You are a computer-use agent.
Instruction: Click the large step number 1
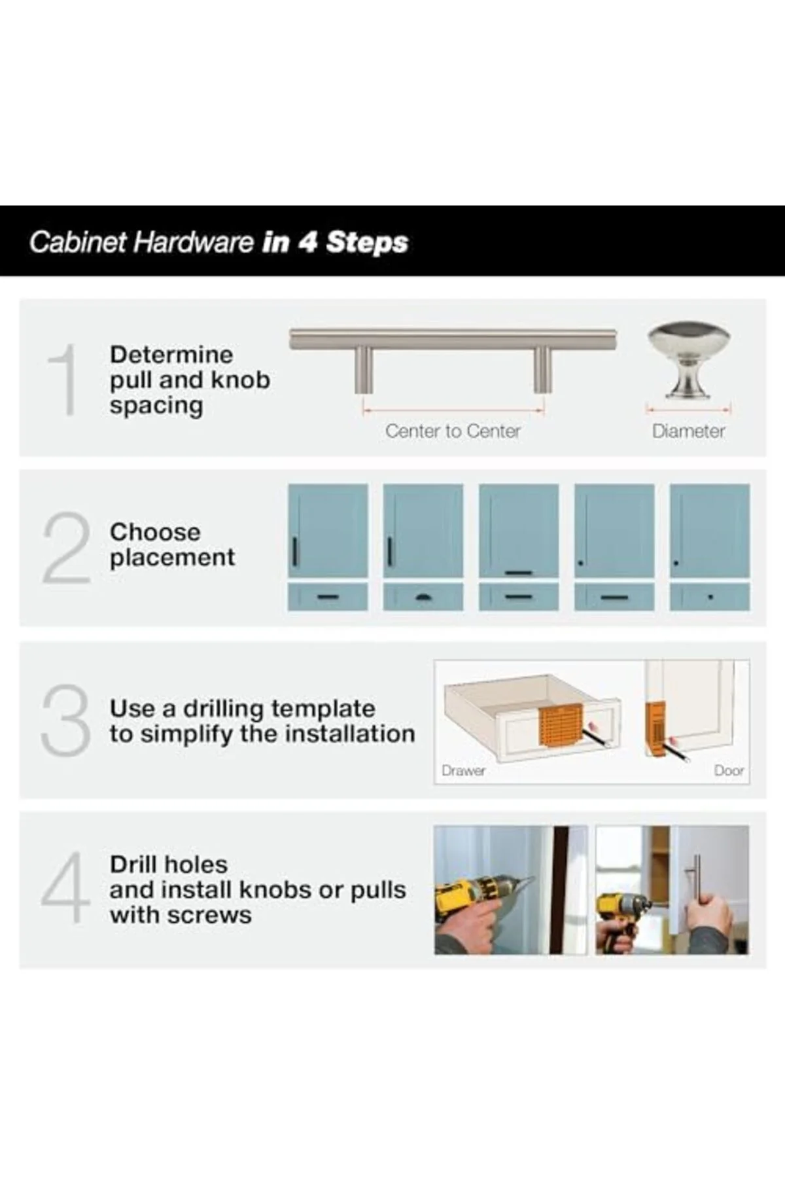pyautogui.click(x=64, y=380)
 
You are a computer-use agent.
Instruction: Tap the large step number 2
pyautogui.click(x=66, y=548)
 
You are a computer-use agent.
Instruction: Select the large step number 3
pyautogui.click(x=65, y=720)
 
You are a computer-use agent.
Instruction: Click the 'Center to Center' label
pyautogui.click(x=453, y=431)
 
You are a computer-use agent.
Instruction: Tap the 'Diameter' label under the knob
pyautogui.click(x=688, y=431)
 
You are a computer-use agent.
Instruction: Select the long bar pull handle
pyautogui.click(x=453, y=360)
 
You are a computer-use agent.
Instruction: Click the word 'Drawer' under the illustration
pyautogui.click(x=463, y=771)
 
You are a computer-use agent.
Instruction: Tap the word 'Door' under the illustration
pyautogui.click(x=729, y=771)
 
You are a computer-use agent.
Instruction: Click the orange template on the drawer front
pyautogui.click(x=561, y=727)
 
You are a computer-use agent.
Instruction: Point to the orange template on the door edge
pyautogui.click(x=655, y=730)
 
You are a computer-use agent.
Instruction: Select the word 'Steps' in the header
pyautogui.click(x=367, y=242)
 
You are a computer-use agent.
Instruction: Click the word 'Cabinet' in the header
pyautogui.click(x=78, y=242)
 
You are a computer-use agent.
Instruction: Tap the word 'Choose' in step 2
pyautogui.click(x=155, y=532)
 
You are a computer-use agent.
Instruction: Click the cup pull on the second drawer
pyautogui.click(x=423, y=596)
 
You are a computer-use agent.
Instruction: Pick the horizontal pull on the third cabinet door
pyautogui.click(x=519, y=573)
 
